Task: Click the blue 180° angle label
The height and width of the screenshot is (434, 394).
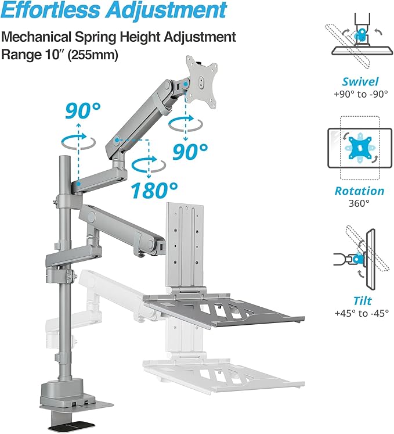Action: [x=154, y=189]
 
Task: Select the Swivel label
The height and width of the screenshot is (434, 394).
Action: [x=360, y=82]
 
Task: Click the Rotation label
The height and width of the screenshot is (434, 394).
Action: [x=360, y=191]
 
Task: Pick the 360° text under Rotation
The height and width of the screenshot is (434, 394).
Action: [x=360, y=203]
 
